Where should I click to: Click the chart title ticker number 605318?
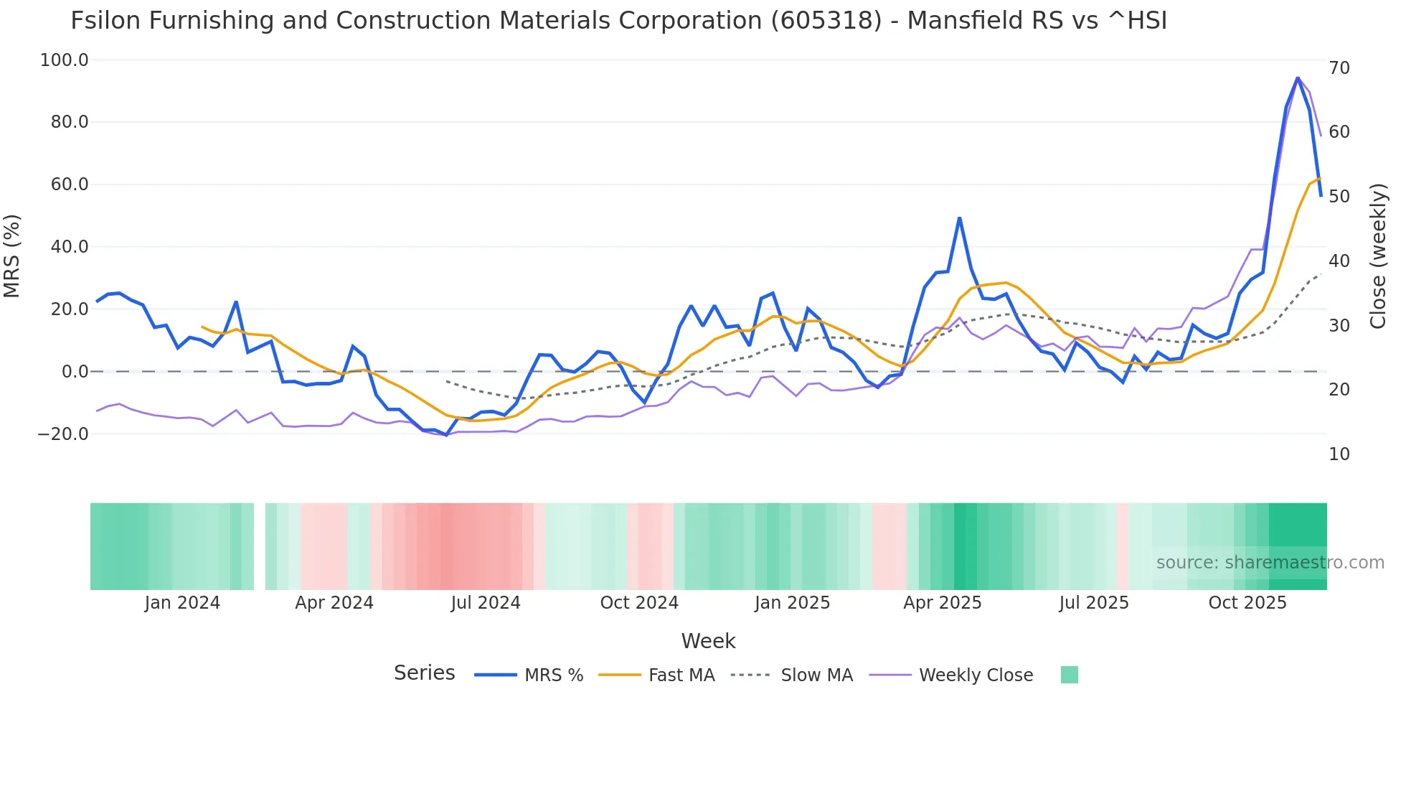pos(826,21)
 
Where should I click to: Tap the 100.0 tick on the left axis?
pos(65,60)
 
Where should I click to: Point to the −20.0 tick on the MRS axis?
pos(63,434)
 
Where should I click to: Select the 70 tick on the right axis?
pos(1339,68)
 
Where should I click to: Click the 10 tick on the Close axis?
pos(1339,454)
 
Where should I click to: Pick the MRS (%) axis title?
pos(12,256)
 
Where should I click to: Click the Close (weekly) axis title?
pos(1378,256)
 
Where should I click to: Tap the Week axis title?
pos(708,641)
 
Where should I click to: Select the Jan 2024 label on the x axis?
pos(182,603)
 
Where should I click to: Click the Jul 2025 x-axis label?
pos(1094,603)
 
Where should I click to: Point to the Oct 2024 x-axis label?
pos(639,603)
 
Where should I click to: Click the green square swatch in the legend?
pos(1069,675)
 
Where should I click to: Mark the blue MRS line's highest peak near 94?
pos(1298,78)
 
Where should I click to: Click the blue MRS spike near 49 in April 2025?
pos(959,217)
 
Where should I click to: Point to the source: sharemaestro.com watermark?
pos(1270,563)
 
